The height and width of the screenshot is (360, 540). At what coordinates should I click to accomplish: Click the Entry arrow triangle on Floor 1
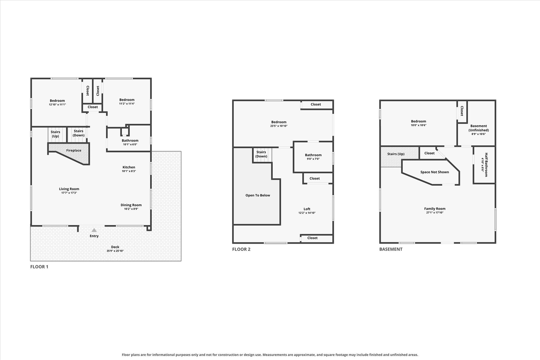coord(94,230)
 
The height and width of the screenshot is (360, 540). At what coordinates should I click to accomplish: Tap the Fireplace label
coord(74,150)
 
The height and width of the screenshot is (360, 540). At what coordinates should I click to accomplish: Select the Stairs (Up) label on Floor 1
coord(55,134)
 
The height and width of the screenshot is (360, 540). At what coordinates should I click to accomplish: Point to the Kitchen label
coord(129,167)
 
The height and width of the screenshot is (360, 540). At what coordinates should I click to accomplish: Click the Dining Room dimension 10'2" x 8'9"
coord(131,209)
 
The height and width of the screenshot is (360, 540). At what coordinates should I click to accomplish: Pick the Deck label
coord(115,247)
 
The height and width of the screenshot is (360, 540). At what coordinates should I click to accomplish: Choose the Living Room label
coord(69,189)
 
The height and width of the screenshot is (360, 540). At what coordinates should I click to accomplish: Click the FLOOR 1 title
coord(39,267)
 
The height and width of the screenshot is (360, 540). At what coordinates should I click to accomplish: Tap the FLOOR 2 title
coord(241,249)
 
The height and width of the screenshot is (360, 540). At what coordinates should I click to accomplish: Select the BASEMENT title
coord(391,249)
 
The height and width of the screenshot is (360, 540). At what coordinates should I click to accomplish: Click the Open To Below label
coord(258,195)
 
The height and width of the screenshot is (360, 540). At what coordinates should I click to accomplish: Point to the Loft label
coord(307,209)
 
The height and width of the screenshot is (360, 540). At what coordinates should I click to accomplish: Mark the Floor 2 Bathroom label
coord(313,155)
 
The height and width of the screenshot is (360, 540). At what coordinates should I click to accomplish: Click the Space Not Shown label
coord(435,172)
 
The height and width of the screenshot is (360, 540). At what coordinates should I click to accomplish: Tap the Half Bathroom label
coord(486,165)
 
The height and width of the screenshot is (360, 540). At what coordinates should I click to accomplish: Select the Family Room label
coord(435,209)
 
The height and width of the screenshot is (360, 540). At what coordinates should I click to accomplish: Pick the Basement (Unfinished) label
coord(478,128)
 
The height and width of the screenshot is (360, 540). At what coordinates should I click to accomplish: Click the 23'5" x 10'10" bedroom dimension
coord(278,126)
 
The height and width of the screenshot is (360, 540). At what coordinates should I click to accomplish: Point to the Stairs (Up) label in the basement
coord(396,154)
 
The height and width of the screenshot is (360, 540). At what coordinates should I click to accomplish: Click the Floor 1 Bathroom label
coord(130,141)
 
